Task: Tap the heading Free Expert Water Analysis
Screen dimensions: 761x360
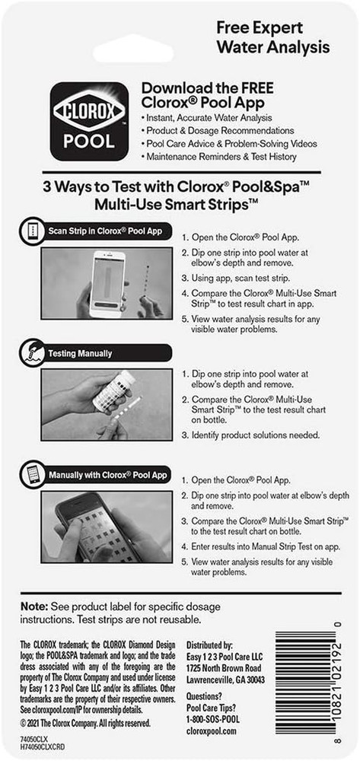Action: [273, 37]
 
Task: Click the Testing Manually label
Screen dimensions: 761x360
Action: [80, 353]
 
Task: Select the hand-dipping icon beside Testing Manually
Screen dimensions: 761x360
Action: [27, 352]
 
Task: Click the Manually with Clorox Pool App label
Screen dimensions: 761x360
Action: [107, 475]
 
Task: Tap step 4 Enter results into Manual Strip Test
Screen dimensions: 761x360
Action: [260, 546]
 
